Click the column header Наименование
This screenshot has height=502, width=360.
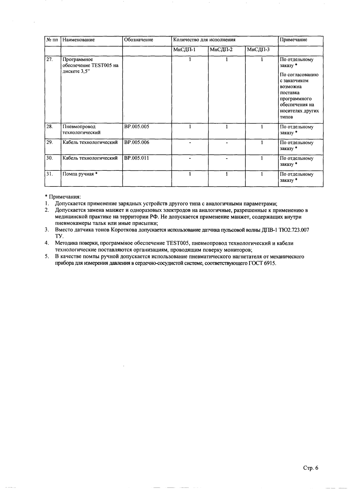(x=79, y=40)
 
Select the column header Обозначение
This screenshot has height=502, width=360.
(x=139, y=40)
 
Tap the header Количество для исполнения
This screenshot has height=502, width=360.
(x=204, y=40)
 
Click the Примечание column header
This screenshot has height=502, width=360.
(x=294, y=40)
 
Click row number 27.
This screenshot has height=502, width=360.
(x=50, y=60)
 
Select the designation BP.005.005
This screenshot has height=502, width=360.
(x=137, y=127)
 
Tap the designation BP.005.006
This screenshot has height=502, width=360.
(x=137, y=142)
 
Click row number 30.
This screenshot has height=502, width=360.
(x=50, y=158)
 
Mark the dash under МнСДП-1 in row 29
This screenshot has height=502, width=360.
(x=190, y=143)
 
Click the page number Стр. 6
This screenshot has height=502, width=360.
(x=311, y=468)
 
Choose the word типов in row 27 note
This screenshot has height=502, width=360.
(x=286, y=117)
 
